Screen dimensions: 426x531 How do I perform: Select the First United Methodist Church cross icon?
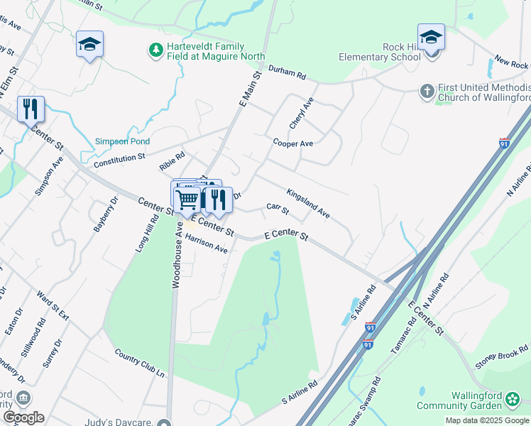pyautogui.click(x=427, y=90)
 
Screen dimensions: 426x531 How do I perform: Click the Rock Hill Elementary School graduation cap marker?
pyautogui.click(x=431, y=38)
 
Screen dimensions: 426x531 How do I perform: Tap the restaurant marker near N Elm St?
pyautogui.click(x=31, y=109)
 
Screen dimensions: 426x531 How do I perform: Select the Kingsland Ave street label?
pyautogui.click(x=308, y=203)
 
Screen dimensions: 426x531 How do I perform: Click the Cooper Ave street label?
pyautogui.click(x=293, y=143)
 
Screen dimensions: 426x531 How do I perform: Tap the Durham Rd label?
pyautogui.click(x=287, y=72)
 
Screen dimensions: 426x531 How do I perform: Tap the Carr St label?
pyautogui.click(x=278, y=209)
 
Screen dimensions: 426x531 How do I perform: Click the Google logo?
pyautogui.click(x=23, y=417)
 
